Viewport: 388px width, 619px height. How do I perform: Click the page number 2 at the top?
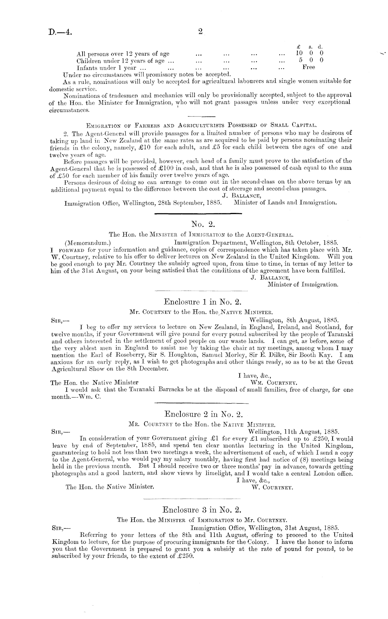pyautogui.click(x=200, y=31)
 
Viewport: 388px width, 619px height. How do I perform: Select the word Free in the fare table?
pyautogui.click(x=309, y=67)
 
